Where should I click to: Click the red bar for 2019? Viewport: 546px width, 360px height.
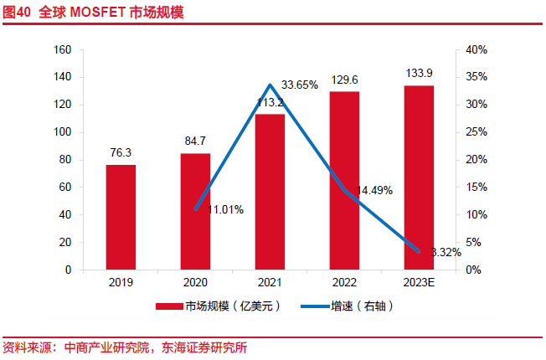[x=121, y=218]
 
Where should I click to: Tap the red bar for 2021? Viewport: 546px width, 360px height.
[x=270, y=193]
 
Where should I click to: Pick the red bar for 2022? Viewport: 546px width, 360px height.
[x=344, y=181]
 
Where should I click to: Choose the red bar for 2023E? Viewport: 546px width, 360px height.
[x=419, y=177]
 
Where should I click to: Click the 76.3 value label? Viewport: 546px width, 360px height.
[x=121, y=153]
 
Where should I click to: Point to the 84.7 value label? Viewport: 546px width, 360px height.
[x=195, y=141]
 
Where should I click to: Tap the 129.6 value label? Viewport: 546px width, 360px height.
[x=344, y=80]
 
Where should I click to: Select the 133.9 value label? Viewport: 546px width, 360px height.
[x=419, y=74]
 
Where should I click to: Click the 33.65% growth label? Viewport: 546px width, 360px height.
[x=299, y=85]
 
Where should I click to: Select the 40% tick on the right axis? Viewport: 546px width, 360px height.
[x=476, y=49]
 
